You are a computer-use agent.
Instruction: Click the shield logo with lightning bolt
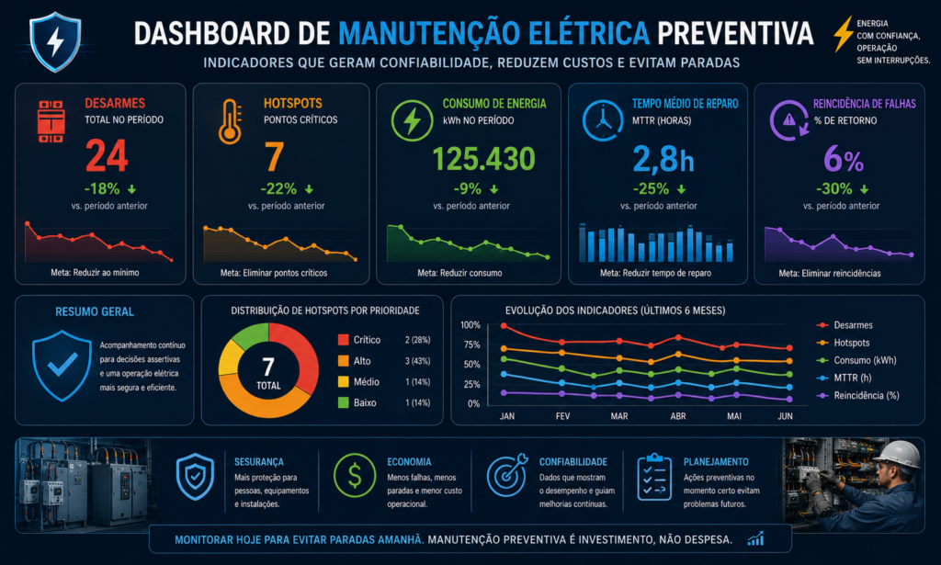[x=55, y=42]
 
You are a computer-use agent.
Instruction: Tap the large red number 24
[x=107, y=156]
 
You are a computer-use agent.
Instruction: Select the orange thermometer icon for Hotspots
[x=231, y=122]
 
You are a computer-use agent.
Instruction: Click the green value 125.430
[x=483, y=159]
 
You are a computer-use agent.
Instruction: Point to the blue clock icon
[x=603, y=121]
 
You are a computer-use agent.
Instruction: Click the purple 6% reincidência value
[x=844, y=159]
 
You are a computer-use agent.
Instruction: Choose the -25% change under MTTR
[x=652, y=189]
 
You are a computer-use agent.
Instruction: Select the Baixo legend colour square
[x=344, y=402]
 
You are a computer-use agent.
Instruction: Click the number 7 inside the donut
[x=268, y=366]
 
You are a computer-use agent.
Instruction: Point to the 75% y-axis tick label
[x=471, y=345]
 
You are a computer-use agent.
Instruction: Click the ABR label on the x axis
[x=678, y=416]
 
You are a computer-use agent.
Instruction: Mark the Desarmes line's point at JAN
[x=505, y=326]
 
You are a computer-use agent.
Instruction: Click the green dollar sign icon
[x=355, y=475]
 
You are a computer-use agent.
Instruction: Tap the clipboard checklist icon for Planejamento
[x=654, y=477]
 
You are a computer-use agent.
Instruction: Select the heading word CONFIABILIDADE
[x=573, y=462]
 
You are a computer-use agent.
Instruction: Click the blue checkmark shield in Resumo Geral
[x=62, y=365]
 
